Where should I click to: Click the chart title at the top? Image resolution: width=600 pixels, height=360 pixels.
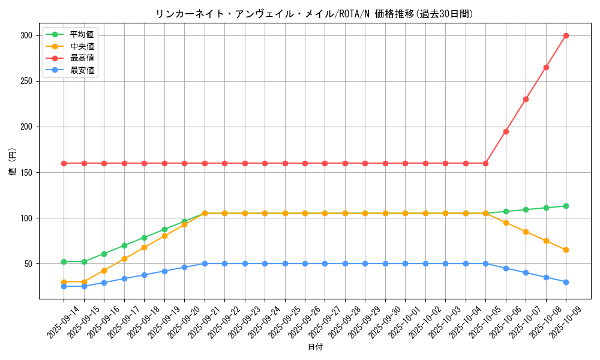click(314, 14)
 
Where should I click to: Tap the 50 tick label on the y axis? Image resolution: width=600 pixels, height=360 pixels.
click(28, 263)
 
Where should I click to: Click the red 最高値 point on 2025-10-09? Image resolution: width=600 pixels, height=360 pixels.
click(566, 35)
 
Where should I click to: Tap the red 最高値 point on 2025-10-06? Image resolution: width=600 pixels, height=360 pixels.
click(506, 131)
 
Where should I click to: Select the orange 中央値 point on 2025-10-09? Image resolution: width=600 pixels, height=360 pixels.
click(566, 250)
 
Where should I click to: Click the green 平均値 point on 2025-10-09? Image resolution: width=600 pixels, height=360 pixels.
click(566, 206)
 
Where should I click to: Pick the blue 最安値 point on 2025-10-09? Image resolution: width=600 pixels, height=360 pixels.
click(566, 282)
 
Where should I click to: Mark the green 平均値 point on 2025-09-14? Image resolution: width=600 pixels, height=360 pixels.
click(64, 262)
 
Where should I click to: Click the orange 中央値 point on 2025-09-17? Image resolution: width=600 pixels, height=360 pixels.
click(124, 259)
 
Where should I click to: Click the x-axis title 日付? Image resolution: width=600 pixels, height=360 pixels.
click(315, 347)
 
